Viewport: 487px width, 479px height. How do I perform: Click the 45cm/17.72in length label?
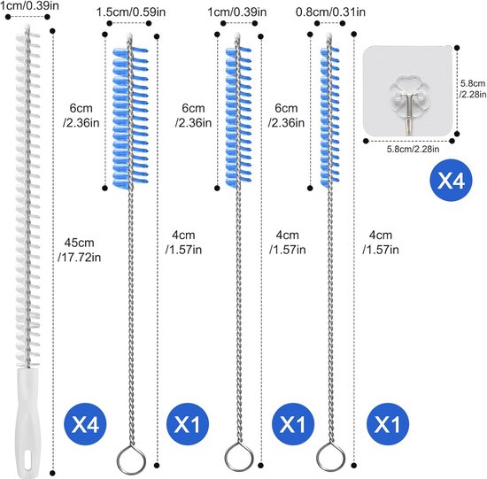(80, 250)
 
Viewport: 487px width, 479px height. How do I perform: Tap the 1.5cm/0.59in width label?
(131, 12)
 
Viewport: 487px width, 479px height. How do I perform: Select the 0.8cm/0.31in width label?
(330, 12)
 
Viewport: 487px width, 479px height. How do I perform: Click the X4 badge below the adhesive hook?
(451, 180)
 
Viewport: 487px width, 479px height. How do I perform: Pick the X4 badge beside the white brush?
(85, 424)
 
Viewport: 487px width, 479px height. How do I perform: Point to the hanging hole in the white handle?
(27, 460)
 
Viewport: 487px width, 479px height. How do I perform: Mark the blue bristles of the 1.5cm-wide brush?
(130, 118)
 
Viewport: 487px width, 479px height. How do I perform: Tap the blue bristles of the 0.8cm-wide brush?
(329, 117)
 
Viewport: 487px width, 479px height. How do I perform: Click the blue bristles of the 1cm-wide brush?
(238, 118)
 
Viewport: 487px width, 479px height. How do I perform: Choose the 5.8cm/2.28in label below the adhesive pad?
(413, 149)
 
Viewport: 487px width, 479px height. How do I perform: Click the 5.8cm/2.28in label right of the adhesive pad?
(473, 89)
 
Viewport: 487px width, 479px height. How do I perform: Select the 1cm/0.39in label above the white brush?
(29, 5)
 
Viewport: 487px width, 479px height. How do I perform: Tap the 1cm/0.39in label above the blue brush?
(237, 12)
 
